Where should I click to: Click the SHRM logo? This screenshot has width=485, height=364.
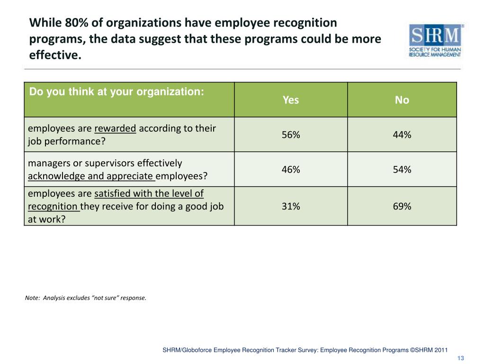(x=436, y=41)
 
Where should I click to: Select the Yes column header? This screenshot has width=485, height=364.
(x=291, y=100)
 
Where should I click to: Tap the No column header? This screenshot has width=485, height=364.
(x=402, y=100)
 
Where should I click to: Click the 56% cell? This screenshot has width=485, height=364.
(x=291, y=135)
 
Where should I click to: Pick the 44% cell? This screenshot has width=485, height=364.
(x=402, y=135)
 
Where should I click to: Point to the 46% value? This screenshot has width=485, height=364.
(x=291, y=170)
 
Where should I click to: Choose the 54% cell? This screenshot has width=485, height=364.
(x=402, y=170)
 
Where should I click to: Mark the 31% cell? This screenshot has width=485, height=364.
(x=291, y=206)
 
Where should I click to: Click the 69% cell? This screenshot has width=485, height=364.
(x=402, y=206)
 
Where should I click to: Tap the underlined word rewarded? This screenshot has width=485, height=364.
(x=116, y=128)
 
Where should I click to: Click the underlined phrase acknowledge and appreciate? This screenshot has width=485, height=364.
(x=91, y=176)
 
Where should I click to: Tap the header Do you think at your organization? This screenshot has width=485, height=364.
(x=117, y=92)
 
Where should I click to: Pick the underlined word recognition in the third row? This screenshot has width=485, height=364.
(x=53, y=207)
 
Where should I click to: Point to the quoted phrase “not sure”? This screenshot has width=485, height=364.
(x=104, y=298)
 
